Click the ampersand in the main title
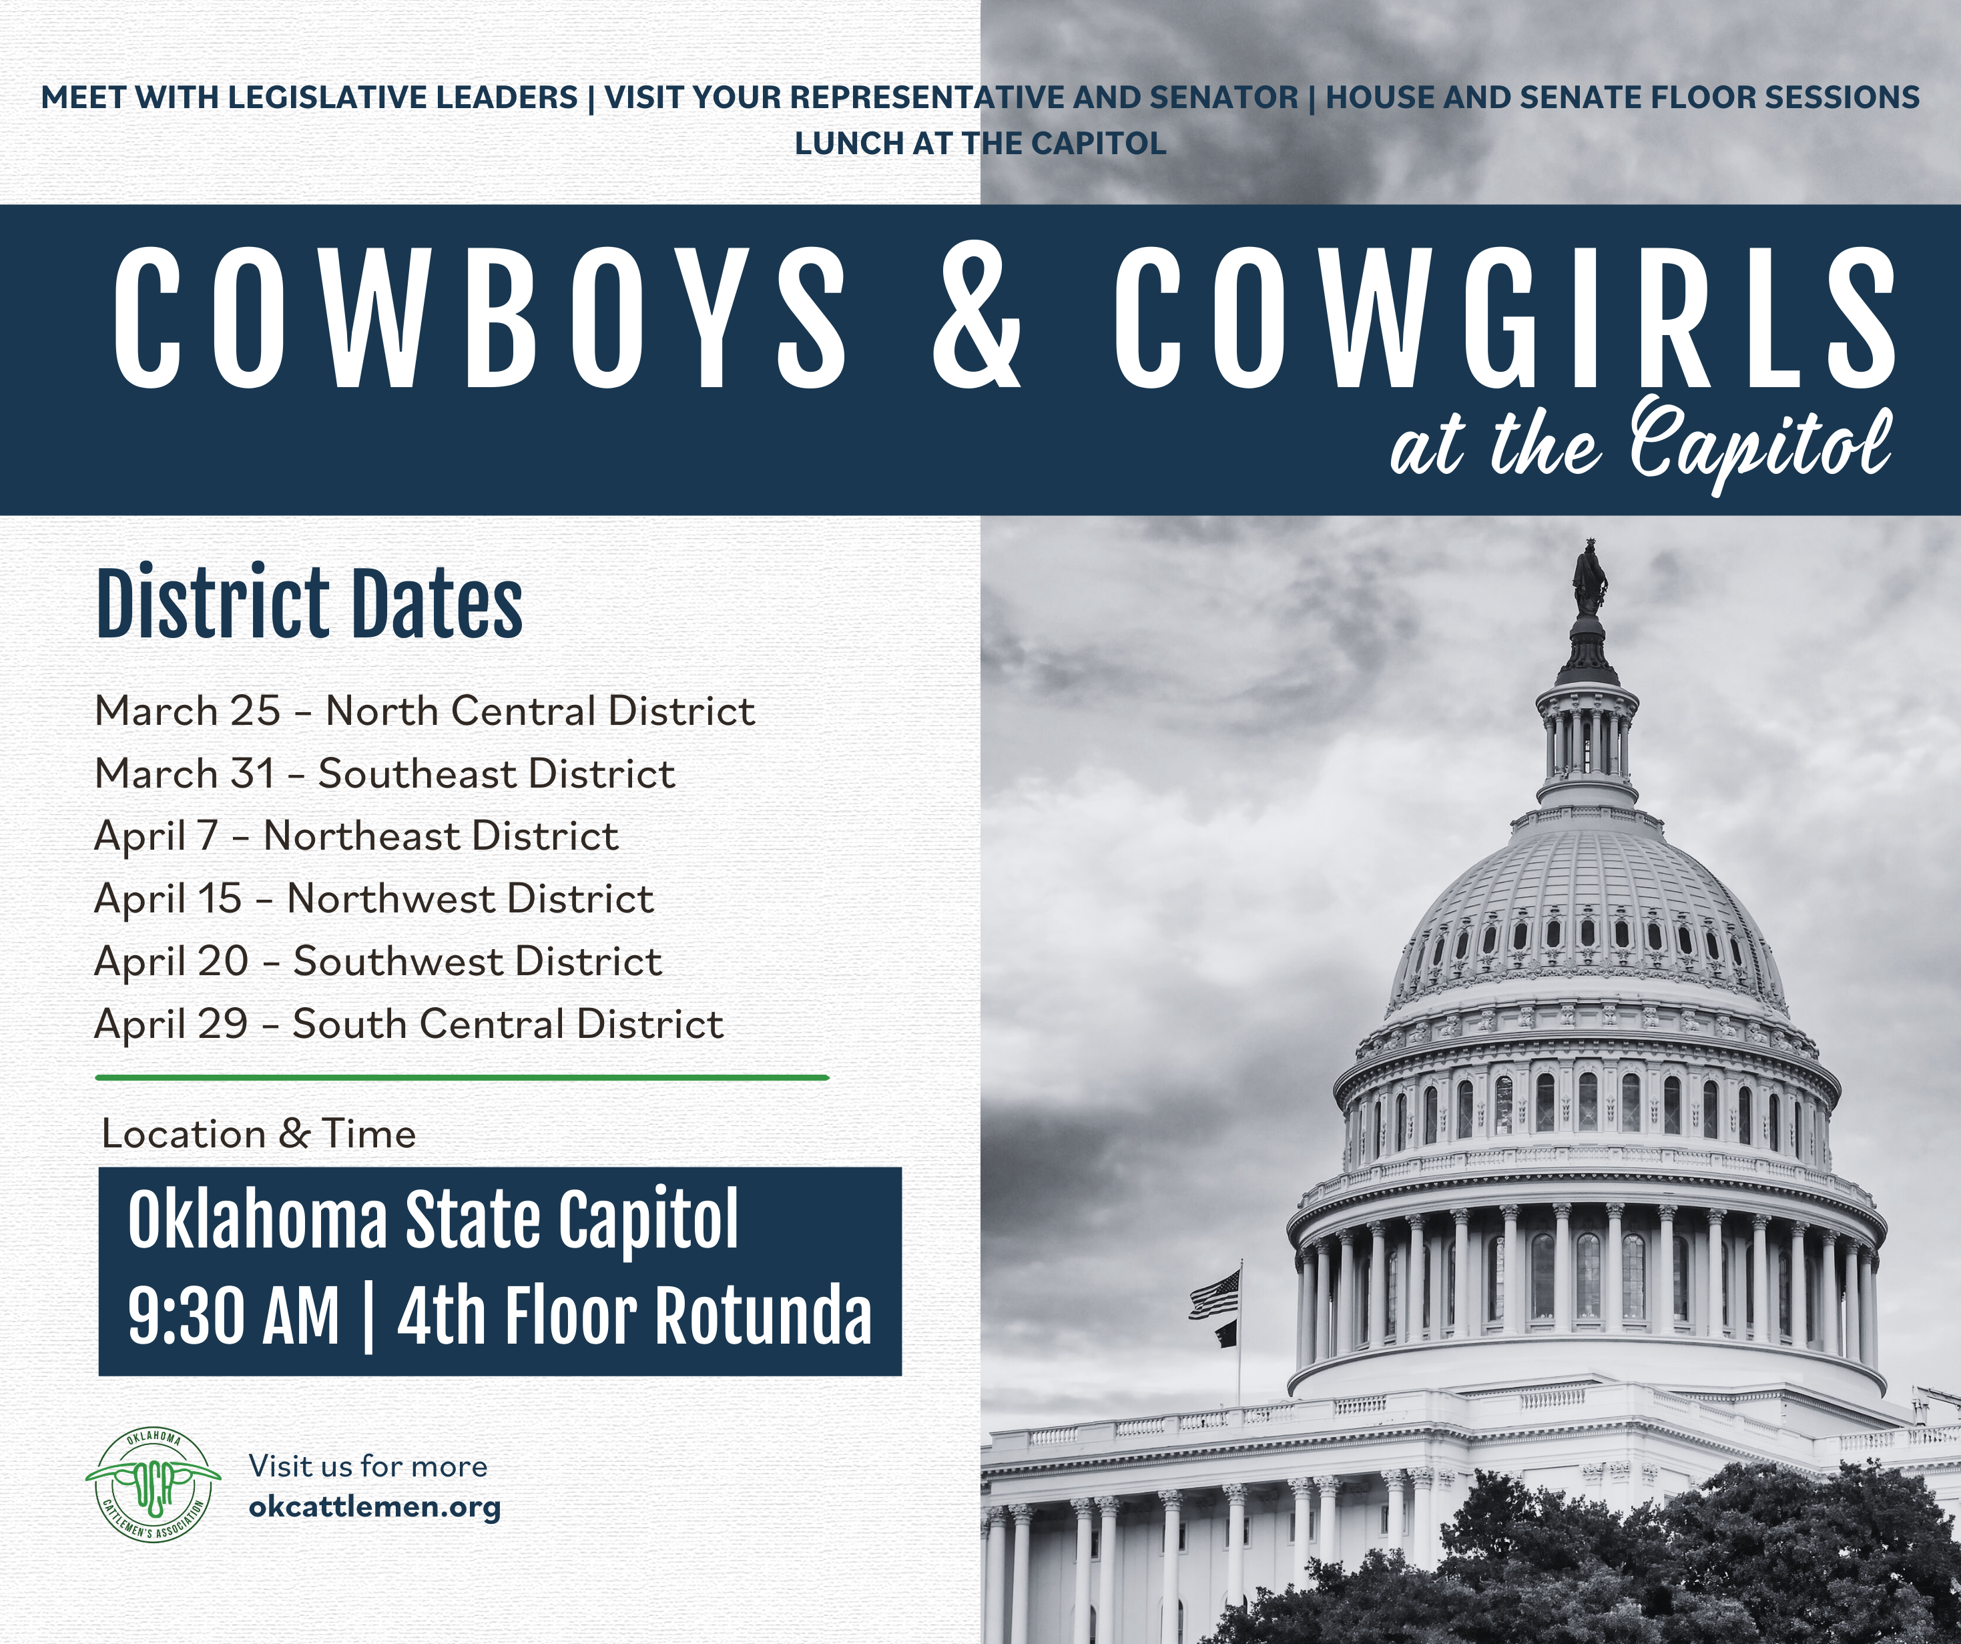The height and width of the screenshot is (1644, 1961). (x=976, y=318)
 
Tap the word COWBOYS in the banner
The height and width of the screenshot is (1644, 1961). (x=480, y=318)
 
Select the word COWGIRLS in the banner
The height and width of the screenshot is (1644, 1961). (x=1504, y=318)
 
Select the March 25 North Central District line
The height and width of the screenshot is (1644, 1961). (x=425, y=711)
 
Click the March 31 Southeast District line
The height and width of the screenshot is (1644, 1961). (x=384, y=774)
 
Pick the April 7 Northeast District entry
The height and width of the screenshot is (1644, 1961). (x=356, y=836)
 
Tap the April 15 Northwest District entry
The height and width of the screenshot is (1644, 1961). (x=374, y=898)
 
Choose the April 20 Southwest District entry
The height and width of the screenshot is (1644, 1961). (x=378, y=961)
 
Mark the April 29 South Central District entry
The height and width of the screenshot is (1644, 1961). (x=409, y=1024)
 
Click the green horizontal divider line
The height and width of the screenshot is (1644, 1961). (x=463, y=1077)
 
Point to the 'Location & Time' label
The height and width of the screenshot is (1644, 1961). (x=259, y=1134)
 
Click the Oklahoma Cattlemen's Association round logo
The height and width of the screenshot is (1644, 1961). (x=153, y=1485)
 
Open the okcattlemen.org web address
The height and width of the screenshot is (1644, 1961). (x=374, y=1508)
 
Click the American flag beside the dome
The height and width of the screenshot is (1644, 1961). (x=1215, y=1296)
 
